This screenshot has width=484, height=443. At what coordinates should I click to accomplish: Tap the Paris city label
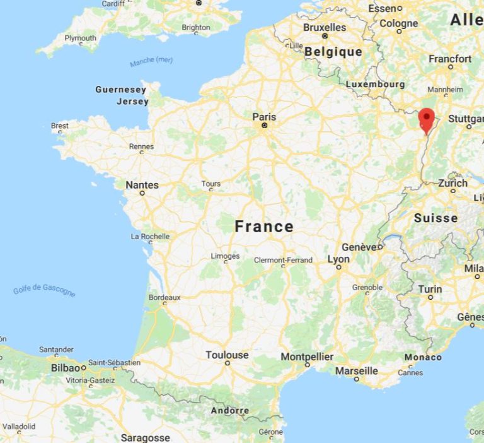pos(264,117)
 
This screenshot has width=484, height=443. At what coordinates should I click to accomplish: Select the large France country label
pos(264,227)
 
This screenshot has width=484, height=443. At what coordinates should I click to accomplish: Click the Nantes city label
pos(142,185)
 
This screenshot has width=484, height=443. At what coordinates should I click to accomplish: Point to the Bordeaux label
pos(164,297)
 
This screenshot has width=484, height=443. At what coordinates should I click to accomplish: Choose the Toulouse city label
pos(227,355)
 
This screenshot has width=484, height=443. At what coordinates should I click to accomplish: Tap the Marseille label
pos(356,370)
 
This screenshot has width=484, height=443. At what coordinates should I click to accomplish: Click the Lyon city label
pos(338,259)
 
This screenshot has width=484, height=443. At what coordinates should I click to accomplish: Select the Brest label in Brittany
pos(60,126)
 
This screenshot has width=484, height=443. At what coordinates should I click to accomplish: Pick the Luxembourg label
pos(375,84)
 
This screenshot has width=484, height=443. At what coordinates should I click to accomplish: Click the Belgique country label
pos(333,52)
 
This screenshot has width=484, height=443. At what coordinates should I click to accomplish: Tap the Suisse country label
pos(435,218)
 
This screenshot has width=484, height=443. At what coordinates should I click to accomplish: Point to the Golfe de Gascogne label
pos(44,290)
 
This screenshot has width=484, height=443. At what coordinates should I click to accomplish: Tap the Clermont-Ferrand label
pos(283,260)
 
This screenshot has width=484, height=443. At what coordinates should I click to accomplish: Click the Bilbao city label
pos(66,367)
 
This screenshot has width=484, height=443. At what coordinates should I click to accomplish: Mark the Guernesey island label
pos(121,90)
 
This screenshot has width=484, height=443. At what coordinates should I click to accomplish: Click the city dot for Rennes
pos(141,152)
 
